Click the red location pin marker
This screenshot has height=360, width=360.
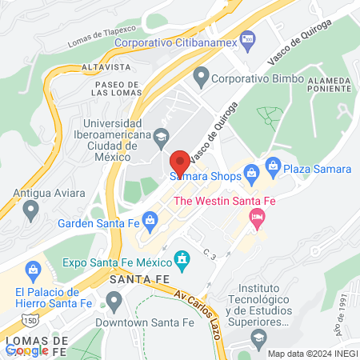tap(180, 162)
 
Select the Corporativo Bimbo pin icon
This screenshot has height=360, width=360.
tap(201, 78)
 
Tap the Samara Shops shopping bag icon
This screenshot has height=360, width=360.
tap(251, 171)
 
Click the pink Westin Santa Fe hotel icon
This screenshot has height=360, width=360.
tap(257, 216)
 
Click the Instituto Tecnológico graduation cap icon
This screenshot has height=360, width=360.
tap(258, 339)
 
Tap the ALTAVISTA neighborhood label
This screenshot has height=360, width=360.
tap(99, 69)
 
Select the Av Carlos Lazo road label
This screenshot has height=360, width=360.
tap(204, 308)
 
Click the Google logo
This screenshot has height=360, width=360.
tap(26, 350)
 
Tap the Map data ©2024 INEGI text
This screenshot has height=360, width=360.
tap(312, 354)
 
